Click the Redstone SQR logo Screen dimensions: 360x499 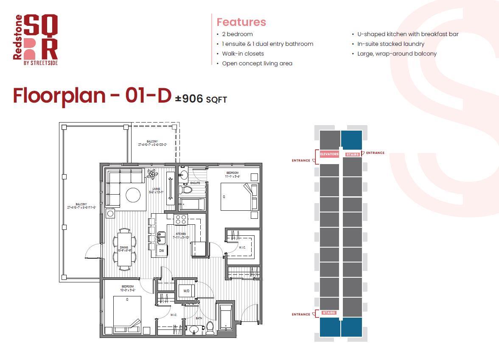click(x=36, y=40)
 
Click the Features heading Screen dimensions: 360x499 click(x=241, y=22)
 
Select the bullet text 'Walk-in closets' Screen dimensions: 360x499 click(x=243, y=53)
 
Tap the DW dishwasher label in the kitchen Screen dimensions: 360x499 click(x=162, y=251)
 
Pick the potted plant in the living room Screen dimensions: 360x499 click(x=151, y=174)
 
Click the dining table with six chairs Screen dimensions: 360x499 click(x=124, y=249)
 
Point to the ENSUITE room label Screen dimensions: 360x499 click(x=195, y=183)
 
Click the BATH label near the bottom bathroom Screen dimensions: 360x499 click(x=199, y=318)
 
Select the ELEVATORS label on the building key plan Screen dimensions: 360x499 click(x=329, y=154)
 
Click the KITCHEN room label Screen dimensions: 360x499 click(x=181, y=234)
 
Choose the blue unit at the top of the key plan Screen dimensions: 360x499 click(x=352, y=140)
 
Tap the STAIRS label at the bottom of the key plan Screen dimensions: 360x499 click(x=329, y=313)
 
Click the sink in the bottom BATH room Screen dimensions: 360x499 click(x=195, y=329)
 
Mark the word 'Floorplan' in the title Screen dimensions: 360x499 click(x=59, y=95)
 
